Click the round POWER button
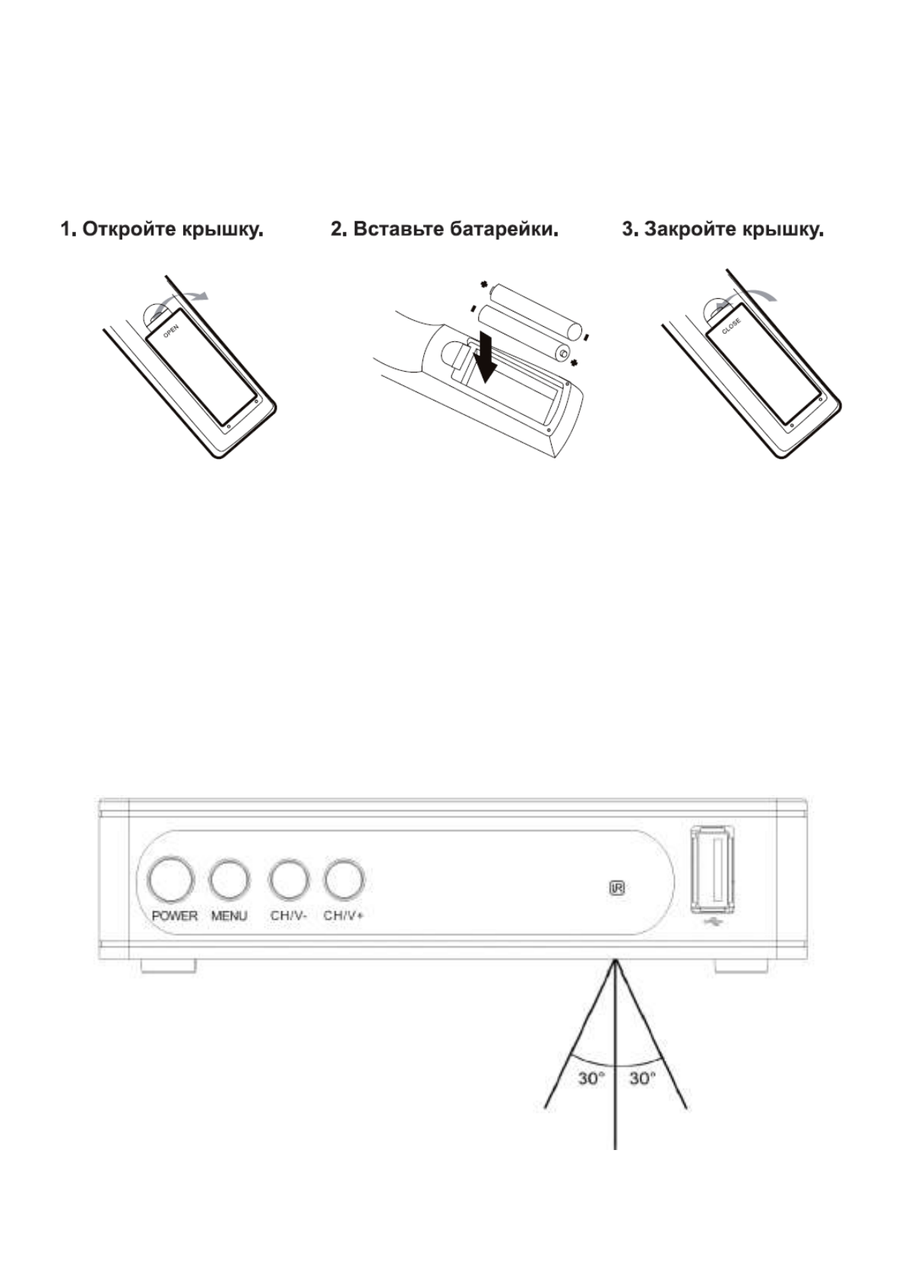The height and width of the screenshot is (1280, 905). (x=170, y=880)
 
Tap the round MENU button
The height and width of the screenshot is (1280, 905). (x=229, y=880)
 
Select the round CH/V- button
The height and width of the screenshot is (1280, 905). (x=289, y=880)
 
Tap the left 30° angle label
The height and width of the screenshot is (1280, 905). (x=591, y=1079)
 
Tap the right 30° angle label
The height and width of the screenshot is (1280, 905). (x=642, y=1079)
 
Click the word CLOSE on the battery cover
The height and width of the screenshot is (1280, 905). (x=731, y=327)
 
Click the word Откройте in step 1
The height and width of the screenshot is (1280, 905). (x=128, y=229)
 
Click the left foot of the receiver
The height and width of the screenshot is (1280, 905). (x=169, y=965)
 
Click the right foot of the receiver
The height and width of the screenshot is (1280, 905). (x=741, y=965)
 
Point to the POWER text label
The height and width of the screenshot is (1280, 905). (x=174, y=916)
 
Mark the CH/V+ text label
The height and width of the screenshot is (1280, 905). (x=343, y=916)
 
